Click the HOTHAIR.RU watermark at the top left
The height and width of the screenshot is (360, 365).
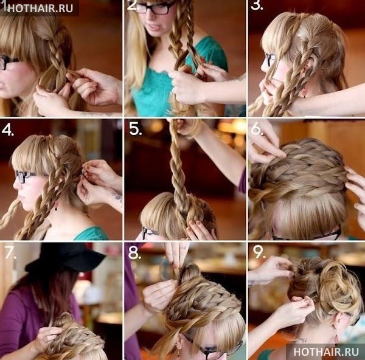tap(40, 8)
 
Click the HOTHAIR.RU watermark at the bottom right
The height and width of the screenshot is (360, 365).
tap(326, 351)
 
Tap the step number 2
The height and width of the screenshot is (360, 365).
tap(132, 5)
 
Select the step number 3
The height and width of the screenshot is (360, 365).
tap(257, 5)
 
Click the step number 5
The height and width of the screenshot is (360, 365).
tap(135, 129)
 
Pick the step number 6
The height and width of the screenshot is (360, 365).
tap(257, 129)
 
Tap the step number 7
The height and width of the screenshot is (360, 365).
tap(10, 252)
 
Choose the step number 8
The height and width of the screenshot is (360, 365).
tap(134, 253)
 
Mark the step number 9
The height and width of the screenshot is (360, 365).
tap(259, 252)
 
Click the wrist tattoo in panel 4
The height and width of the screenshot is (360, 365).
tap(117, 197)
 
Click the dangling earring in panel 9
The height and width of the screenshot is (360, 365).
tap(336, 337)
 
